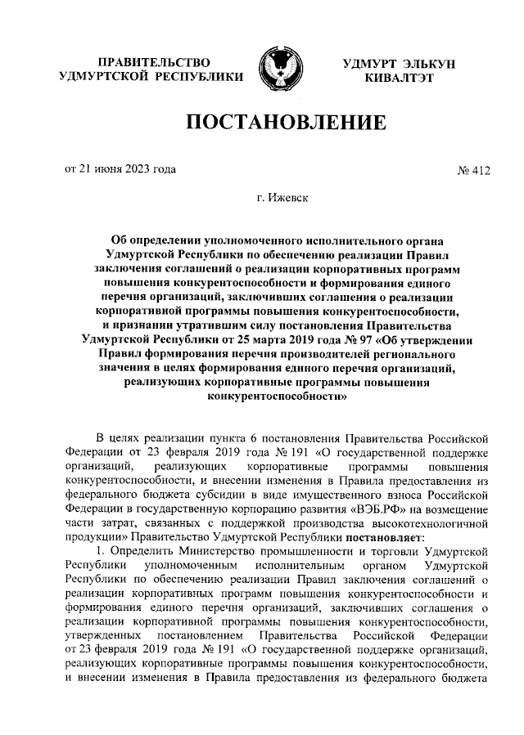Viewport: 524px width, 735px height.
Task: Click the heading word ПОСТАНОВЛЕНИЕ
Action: pyautogui.click(x=286, y=123)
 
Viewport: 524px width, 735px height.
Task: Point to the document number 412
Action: pyautogui.click(x=481, y=171)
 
